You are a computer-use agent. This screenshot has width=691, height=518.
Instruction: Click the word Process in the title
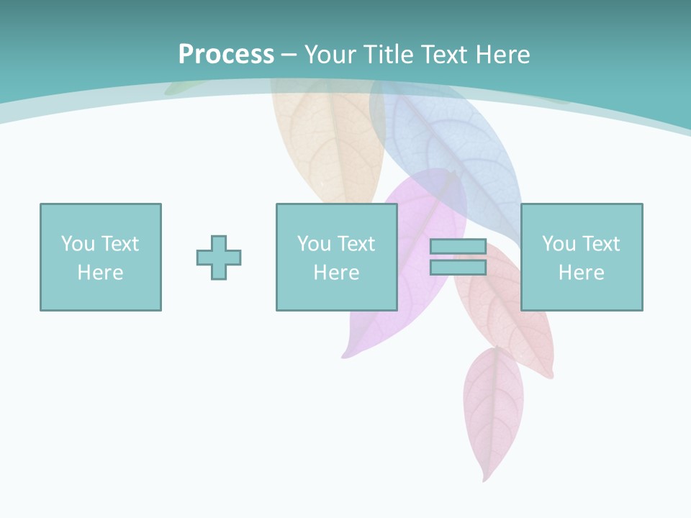tap(226, 54)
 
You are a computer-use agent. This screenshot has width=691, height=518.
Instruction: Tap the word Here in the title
tap(502, 54)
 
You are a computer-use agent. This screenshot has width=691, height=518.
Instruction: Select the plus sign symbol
tap(219, 258)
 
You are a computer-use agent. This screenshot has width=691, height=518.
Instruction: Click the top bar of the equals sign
tap(458, 246)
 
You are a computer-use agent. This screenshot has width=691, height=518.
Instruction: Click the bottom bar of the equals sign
tap(458, 268)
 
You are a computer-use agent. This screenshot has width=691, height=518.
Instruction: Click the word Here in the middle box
tap(336, 273)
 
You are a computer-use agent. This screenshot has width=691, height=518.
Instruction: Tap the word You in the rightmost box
tap(559, 244)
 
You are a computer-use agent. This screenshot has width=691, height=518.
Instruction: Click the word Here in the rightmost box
tap(581, 273)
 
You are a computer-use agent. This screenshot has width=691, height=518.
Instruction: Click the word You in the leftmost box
tap(78, 244)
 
